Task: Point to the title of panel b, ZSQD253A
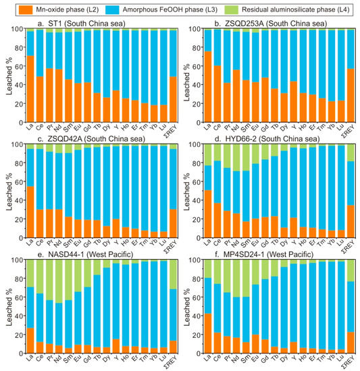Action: [260, 23]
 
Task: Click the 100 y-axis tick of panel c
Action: [17, 144]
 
